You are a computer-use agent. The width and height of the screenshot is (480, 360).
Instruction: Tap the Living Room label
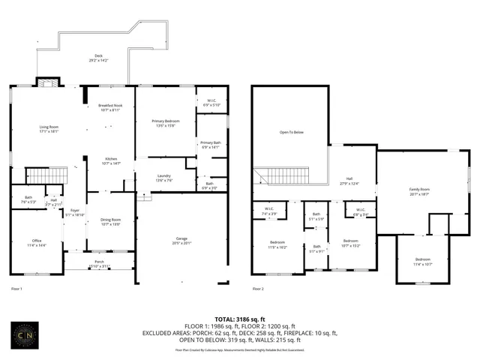(49, 129)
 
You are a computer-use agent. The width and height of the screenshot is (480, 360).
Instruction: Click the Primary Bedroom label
(165, 123)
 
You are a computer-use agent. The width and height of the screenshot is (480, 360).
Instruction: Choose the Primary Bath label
(209, 144)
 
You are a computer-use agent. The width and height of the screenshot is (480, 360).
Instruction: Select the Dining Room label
(110, 221)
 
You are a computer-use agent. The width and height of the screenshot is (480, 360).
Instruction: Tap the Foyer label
(75, 212)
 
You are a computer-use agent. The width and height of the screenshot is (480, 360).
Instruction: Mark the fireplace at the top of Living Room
(45, 81)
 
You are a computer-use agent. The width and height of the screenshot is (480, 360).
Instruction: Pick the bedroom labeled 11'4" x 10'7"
(424, 261)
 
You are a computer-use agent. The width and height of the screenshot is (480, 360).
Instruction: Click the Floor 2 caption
(258, 288)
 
